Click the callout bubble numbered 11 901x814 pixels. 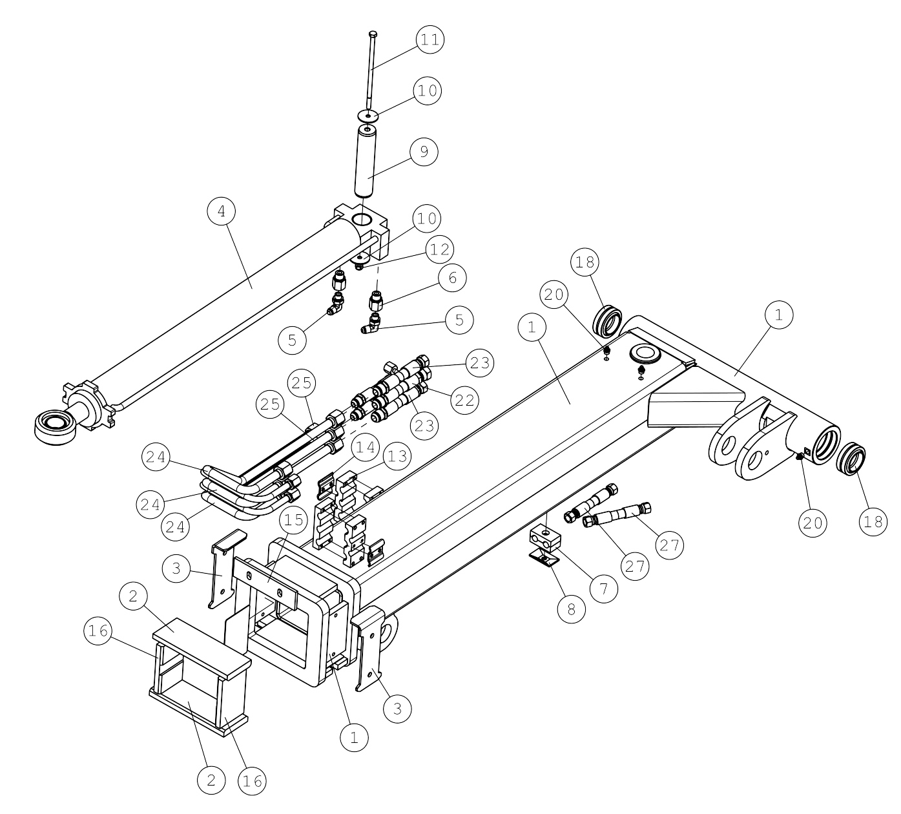[430, 39]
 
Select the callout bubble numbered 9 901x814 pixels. [424, 152]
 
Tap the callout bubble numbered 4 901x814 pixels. [222, 211]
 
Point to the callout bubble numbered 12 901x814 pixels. [440, 249]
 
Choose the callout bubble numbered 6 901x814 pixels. [452, 278]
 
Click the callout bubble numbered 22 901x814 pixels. [464, 400]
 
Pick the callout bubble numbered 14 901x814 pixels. [365, 447]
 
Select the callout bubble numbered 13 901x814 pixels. [397, 456]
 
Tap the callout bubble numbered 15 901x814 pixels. [294, 521]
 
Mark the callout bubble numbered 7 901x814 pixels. [604, 589]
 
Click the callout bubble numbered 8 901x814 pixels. [572, 609]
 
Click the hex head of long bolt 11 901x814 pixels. [372, 34]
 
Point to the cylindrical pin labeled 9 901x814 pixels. [366, 162]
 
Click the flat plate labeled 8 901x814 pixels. [543, 559]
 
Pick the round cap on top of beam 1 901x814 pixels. [645, 354]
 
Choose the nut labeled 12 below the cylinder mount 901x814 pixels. [358, 267]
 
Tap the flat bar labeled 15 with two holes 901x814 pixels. [265, 583]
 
